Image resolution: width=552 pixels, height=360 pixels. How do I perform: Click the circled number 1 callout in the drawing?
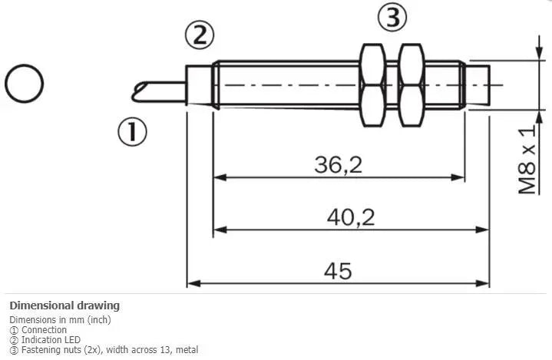tap(132, 131)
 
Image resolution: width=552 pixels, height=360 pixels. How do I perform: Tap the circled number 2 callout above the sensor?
tap(200, 35)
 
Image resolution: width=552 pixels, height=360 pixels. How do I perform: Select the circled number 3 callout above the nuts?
tap(392, 17)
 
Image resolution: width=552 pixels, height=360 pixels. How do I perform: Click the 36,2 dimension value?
tap(339, 164)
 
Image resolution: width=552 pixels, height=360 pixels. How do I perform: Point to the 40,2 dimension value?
tap(351, 217)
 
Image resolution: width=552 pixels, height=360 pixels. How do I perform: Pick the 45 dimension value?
tap(338, 271)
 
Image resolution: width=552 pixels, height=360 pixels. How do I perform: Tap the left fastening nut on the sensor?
tap(373, 84)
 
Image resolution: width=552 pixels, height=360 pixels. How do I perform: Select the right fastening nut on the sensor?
tap(412, 84)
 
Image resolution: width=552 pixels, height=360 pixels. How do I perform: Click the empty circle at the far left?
tap(24, 84)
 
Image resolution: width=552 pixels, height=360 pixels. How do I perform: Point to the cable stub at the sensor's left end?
tap(159, 92)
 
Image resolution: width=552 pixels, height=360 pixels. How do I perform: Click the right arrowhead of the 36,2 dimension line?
tap(458, 177)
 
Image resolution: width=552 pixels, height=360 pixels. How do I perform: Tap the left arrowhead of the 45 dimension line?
tap(194, 283)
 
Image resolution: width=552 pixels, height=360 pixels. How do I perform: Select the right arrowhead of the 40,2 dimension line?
tap(482, 230)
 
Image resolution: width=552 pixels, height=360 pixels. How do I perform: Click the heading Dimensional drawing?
tap(64, 306)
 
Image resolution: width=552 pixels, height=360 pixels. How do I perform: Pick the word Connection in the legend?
tap(44, 330)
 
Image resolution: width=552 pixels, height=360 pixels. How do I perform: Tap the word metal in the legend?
tap(187, 350)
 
